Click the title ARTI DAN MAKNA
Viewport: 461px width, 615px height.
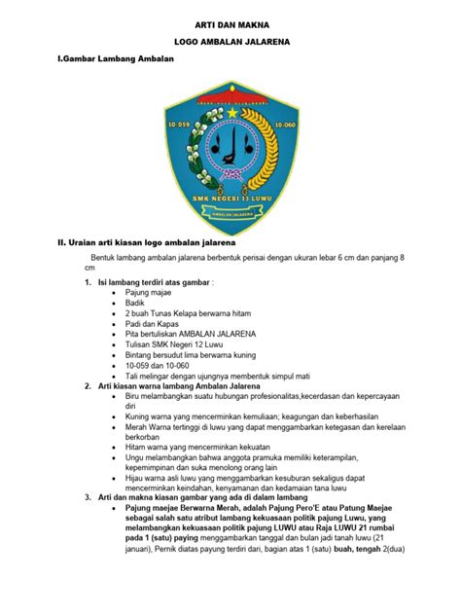click(x=230, y=20)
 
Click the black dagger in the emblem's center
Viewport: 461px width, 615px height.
click(x=227, y=156)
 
